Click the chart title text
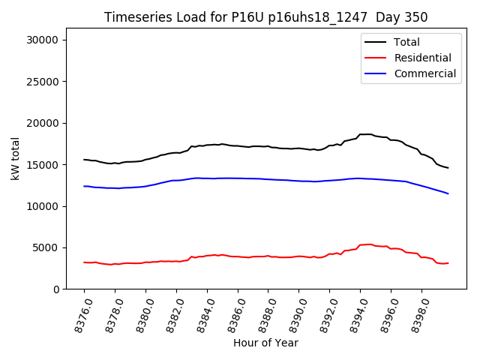[266, 17]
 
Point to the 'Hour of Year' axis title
[265, 343]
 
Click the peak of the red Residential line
[369, 244]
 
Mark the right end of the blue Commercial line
[448, 193]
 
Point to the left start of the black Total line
[84, 160]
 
